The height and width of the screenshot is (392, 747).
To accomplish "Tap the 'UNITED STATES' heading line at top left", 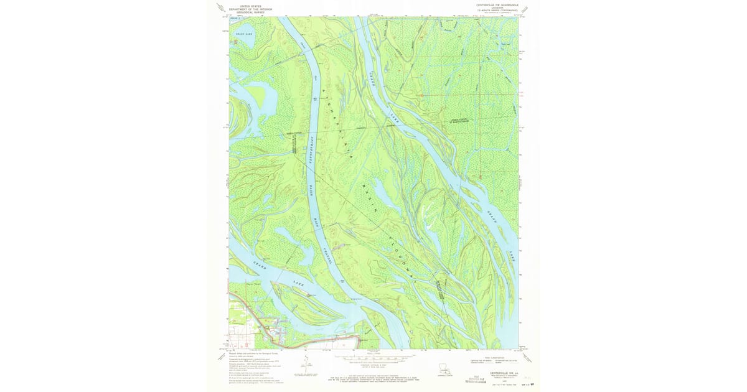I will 250,5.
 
